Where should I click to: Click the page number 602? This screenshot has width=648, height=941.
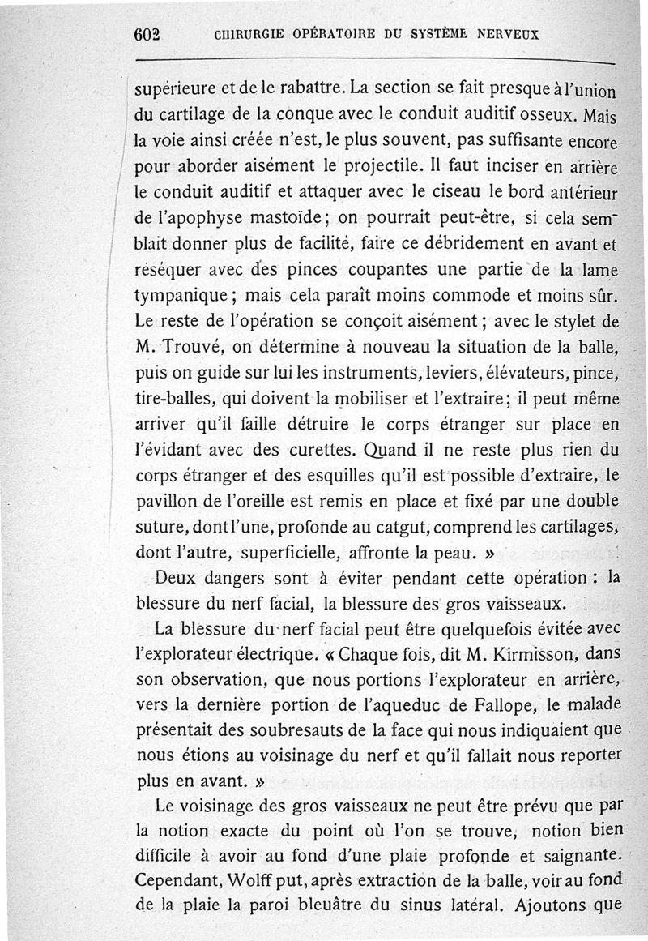pyautogui.click(x=148, y=35)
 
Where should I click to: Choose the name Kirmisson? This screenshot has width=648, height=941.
pyautogui.click(x=522, y=652)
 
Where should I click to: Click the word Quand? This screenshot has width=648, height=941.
pyautogui.click(x=394, y=450)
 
